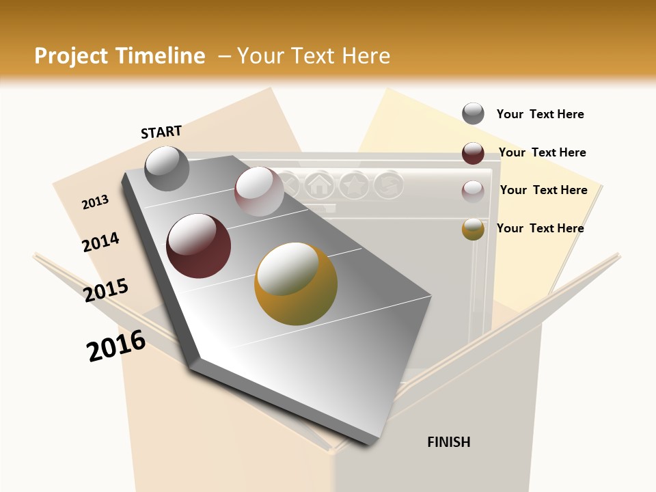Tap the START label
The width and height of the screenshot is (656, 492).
(161, 132)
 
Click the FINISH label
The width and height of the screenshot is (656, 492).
(449, 442)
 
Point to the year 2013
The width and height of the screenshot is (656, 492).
(95, 202)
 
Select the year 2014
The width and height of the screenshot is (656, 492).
(100, 242)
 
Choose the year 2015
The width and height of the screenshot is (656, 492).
(106, 290)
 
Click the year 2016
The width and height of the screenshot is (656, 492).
(116, 346)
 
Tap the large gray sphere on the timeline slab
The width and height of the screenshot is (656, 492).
(167, 168)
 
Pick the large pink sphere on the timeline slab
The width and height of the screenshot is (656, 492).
(259, 191)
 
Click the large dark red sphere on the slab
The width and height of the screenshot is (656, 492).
(198, 246)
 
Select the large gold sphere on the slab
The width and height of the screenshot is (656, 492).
(296, 284)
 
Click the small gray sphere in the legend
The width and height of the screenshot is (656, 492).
(473, 113)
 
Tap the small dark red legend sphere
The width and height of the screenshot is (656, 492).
(473, 153)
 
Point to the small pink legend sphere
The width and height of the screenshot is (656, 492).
(473, 191)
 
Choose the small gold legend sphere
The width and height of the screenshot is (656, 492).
(473, 229)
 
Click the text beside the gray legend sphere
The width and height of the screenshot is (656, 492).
(540, 114)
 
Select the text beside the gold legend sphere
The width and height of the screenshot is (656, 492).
(540, 228)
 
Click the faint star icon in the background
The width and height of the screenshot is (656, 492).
(354, 184)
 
